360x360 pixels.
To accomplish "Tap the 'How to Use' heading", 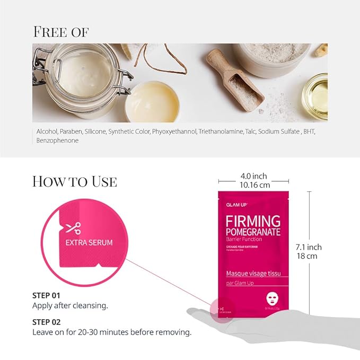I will coord(74,181).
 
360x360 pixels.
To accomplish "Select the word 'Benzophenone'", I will coord(57,141).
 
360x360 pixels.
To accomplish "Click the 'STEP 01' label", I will coord(46,295).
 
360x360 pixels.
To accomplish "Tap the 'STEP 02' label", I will coord(46,322).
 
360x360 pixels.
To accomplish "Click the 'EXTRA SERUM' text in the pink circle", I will coord(89,243).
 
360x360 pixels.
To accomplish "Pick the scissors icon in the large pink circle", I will coord(73,229).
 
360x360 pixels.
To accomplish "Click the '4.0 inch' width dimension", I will coord(253,176).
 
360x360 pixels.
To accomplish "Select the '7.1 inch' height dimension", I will coord(308,247).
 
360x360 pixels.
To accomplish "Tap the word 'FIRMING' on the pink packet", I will coord(253,221).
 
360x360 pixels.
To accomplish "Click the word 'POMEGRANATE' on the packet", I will coord(253,232).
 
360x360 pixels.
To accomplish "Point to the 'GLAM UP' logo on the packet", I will coord(237,204).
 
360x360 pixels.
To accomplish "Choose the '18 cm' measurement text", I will coord(308,256).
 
